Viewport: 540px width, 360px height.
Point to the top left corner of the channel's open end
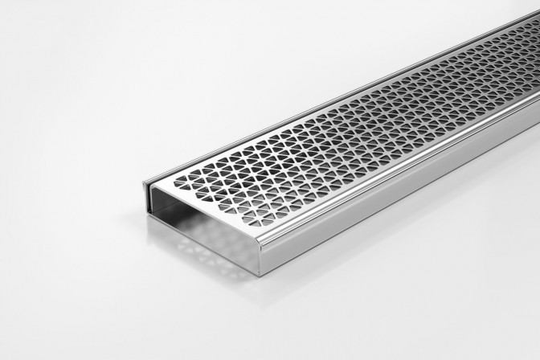click(147, 183)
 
